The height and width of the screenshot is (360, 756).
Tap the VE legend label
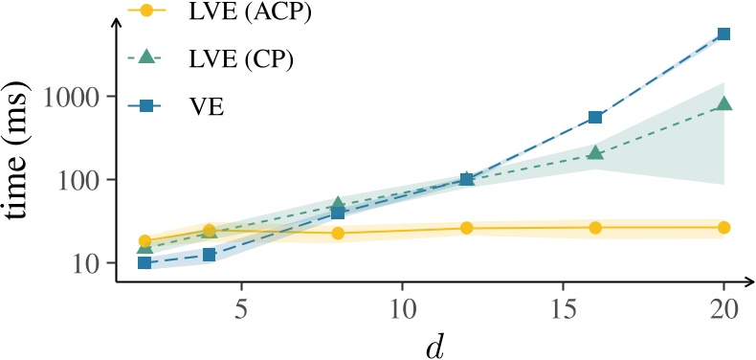pyautogui.click(x=207, y=104)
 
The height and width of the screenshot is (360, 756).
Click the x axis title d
pyautogui.click(x=436, y=343)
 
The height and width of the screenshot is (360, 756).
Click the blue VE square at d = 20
pyautogui.click(x=723, y=34)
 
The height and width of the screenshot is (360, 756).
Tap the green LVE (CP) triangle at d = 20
pyautogui.click(x=723, y=103)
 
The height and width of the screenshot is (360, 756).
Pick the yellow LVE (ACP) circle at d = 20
pyautogui.click(x=723, y=227)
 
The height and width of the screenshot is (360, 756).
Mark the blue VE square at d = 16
pyautogui.click(x=595, y=118)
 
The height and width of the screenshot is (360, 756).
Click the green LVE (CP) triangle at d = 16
pyautogui.click(x=595, y=152)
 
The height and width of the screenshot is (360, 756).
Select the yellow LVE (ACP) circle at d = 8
pyautogui.click(x=338, y=233)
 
